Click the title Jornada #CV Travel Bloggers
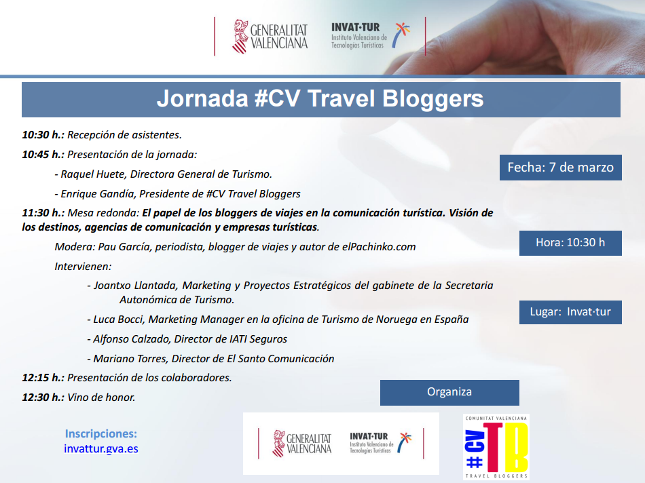[x=320, y=99]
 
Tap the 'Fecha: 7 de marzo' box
[x=560, y=168]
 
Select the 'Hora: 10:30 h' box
[x=570, y=243]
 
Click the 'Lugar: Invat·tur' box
[x=570, y=312]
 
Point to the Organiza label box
[x=449, y=392]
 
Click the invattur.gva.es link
[x=100, y=448]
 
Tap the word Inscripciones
[x=100, y=433]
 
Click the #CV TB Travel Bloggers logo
[x=496, y=448]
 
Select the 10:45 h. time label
[x=43, y=155]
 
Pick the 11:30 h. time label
[x=43, y=212]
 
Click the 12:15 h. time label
[x=43, y=378]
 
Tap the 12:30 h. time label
[x=43, y=398]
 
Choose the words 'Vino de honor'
[x=101, y=398]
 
